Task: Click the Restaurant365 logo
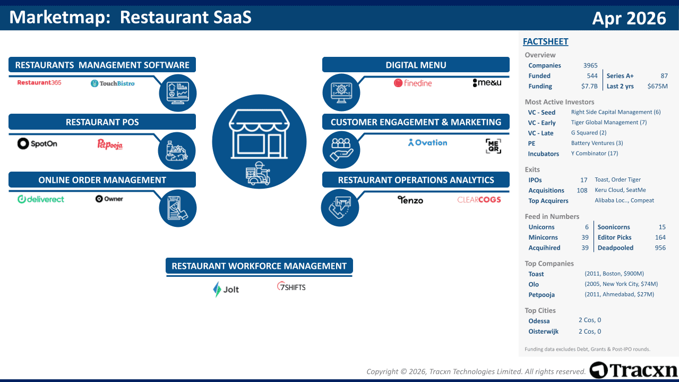pos(39,82)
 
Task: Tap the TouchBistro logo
pos(113,83)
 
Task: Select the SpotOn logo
pos(37,143)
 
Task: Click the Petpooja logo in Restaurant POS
pos(110,145)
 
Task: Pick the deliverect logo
pos(41,199)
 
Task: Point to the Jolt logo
pos(226,290)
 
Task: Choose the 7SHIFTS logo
pos(291,287)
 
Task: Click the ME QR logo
pos(493,146)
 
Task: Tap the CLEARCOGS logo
pos(479,200)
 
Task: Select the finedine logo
pos(412,83)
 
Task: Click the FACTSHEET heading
pos(546,41)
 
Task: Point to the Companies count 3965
pos(590,65)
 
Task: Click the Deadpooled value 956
pos(660,248)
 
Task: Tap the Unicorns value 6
pos(587,227)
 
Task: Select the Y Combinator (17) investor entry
pos(595,153)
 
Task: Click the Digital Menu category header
pos(416,65)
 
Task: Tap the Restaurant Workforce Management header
pos(259,266)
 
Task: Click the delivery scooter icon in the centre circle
pos(257,173)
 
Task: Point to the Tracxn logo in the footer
pos(633,370)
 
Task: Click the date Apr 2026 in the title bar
pos(629,18)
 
